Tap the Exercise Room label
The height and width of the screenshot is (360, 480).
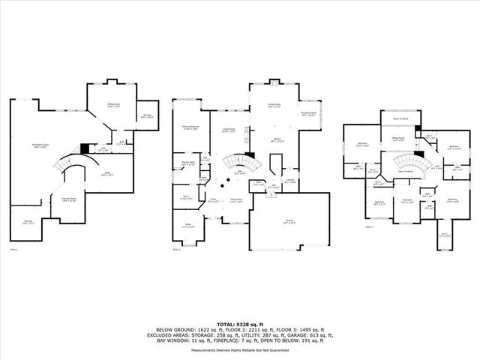(68, 199)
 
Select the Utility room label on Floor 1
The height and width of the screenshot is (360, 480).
(107, 175)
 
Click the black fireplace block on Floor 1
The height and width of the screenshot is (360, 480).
(85, 148)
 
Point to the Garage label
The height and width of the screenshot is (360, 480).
(289, 220)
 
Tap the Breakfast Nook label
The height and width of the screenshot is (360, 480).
(307, 115)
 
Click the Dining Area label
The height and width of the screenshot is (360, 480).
(236, 200)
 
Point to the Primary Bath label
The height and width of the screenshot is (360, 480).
(188, 163)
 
